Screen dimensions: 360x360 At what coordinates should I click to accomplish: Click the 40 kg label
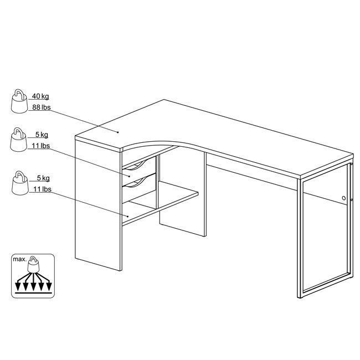tap(40, 96)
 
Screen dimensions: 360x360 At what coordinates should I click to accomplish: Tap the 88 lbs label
tap(42, 107)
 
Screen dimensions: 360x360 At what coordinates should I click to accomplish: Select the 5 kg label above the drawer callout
tap(42, 135)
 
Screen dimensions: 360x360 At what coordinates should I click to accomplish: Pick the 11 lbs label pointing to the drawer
tap(40, 146)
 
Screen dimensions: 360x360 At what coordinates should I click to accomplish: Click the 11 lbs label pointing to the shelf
tap(42, 189)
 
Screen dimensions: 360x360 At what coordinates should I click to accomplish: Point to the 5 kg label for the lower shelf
tap(43, 178)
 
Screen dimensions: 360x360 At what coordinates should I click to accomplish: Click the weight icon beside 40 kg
tap(19, 101)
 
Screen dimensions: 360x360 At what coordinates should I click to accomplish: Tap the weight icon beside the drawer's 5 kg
tap(19, 140)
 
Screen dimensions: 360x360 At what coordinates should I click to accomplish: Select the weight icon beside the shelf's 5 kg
tap(20, 183)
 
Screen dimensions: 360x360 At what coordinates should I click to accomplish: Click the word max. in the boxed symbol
tap(20, 259)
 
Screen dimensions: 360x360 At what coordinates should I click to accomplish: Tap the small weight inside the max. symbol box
tap(34, 264)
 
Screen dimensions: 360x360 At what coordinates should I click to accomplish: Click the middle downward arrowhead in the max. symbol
tap(33, 287)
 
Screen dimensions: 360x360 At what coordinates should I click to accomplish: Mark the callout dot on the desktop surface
tap(118, 132)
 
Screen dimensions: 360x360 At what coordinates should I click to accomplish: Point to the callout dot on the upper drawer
tap(130, 176)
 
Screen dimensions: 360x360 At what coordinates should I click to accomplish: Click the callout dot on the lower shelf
tap(127, 216)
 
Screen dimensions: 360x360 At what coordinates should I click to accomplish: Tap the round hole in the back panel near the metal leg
tap(344, 198)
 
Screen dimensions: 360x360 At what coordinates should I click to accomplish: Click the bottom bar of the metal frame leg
tap(327, 286)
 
